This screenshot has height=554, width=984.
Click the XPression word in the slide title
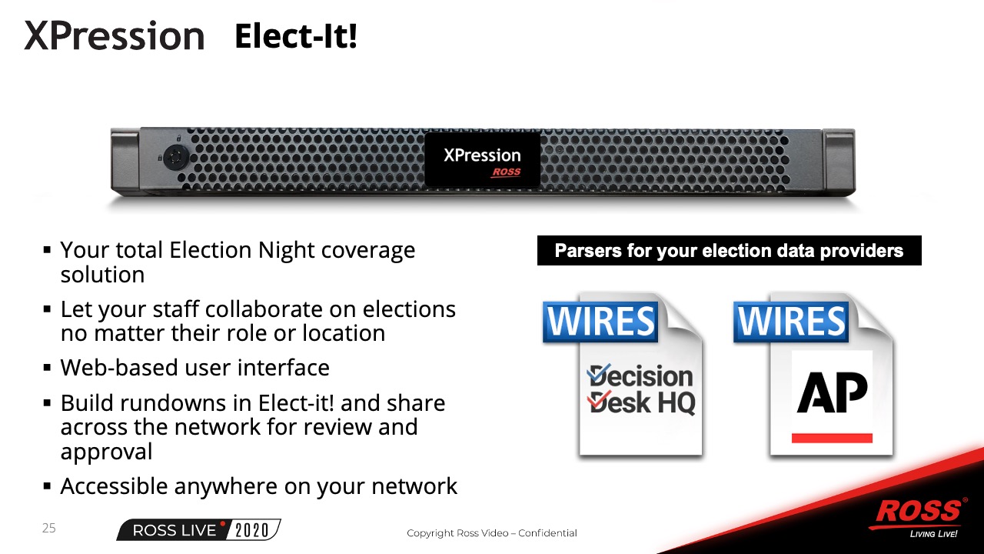(x=115, y=35)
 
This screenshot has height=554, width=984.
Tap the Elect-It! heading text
(x=296, y=35)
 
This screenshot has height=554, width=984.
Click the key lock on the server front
(x=176, y=157)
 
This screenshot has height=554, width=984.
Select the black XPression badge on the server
(x=482, y=160)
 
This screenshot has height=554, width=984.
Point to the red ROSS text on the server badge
(x=506, y=172)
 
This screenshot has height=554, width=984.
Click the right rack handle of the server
(x=839, y=161)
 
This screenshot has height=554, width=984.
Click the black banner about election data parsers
(x=730, y=251)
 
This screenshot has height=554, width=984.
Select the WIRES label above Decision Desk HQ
(x=600, y=322)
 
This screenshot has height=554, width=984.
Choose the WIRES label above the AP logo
(x=791, y=322)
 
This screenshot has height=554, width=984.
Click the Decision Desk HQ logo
(x=641, y=389)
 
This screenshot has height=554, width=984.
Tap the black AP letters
(x=832, y=392)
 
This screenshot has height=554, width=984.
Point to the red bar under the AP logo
(x=832, y=438)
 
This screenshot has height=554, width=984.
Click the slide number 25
(x=48, y=528)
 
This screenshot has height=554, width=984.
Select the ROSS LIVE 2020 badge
(x=198, y=530)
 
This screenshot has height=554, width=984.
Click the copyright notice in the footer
(x=492, y=533)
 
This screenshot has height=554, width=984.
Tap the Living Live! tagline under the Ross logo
(x=933, y=534)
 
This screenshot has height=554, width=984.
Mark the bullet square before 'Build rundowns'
(x=48, y=402)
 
